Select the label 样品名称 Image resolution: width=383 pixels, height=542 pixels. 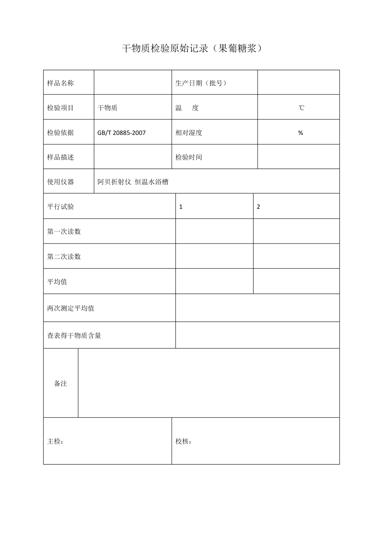pos(60,83)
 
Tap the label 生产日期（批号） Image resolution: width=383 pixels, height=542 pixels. pos(201,83)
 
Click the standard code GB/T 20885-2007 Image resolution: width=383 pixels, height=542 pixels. pos(121,133)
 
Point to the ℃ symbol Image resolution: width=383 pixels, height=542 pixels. pos(301,108)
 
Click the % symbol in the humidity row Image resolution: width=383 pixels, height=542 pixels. pos(300,133)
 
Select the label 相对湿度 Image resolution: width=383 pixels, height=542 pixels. pos(189,133)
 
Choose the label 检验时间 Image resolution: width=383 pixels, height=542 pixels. pos(189,157)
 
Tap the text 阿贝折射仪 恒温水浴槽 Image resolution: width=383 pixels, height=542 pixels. pos(133,182)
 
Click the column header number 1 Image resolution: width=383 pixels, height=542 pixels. pos(181,207)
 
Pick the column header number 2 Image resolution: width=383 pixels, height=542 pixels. pos(258,207)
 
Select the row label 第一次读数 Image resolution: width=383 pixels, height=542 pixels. pos(64,231)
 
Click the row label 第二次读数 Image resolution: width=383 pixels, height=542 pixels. pos(64,256)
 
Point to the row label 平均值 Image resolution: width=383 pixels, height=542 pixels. pos(57,281)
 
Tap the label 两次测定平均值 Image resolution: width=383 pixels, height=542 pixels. pos(71,308)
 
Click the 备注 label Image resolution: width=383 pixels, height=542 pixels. pos(60,384)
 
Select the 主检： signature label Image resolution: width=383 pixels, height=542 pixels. pos(55,442)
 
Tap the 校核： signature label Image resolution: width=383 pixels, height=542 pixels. pos(183,442)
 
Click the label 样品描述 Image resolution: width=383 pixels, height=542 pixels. pos(60,157)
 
